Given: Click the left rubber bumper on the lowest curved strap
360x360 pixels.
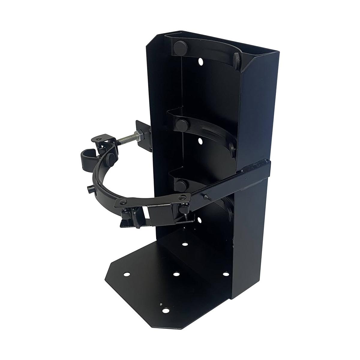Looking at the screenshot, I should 181,183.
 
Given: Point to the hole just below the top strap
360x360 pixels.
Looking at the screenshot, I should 200,62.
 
